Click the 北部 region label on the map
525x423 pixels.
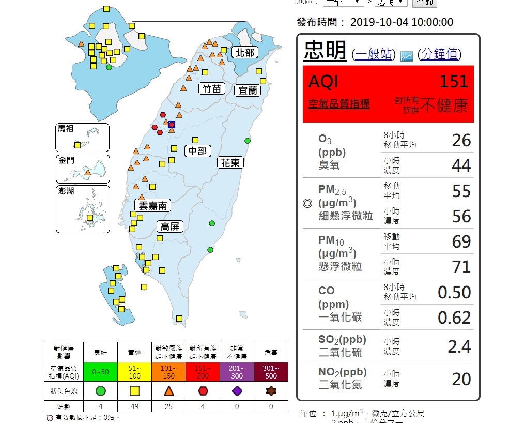244,52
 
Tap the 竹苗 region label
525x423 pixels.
212,89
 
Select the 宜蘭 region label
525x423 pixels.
248,90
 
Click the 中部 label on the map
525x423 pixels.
197,151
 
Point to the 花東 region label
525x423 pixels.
230,163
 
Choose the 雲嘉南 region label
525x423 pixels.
153,205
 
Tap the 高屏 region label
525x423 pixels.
170,226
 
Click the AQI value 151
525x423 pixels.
454,82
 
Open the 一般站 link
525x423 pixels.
374,54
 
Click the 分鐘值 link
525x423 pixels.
439,54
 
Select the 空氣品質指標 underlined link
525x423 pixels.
339,104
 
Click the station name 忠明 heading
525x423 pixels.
325,51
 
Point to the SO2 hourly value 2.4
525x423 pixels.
459,346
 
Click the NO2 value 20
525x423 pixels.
461,379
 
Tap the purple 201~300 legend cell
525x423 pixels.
237,371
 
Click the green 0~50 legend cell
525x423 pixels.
101,371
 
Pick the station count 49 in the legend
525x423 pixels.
134,406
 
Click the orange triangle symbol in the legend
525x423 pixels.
168,391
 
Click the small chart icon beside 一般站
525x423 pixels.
407,56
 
